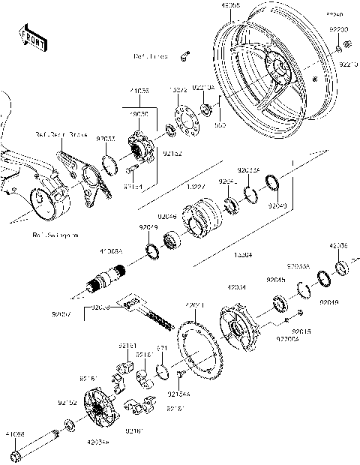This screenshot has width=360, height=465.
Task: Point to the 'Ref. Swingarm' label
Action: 55,235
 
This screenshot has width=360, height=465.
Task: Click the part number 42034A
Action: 97,444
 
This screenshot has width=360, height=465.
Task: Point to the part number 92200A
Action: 287,338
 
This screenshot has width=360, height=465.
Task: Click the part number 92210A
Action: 204,88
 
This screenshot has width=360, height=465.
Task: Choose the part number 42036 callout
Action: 339,245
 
